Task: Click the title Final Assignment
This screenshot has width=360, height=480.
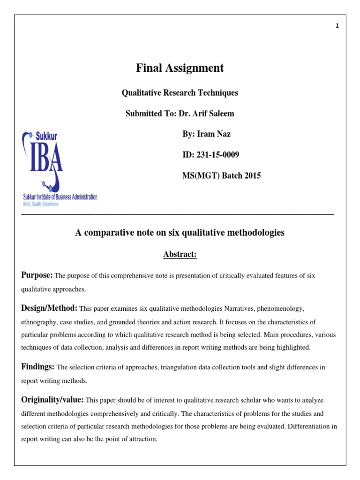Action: (x=180, y=68)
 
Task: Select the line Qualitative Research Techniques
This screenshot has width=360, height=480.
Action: (x=180, y=93)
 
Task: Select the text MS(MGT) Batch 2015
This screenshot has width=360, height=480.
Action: (x=221, y=176)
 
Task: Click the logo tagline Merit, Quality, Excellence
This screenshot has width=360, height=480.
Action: (x=41, y=204)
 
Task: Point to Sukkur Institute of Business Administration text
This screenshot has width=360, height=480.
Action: (x=60, y=197)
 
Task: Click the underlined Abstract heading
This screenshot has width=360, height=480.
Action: (x=180, y=255)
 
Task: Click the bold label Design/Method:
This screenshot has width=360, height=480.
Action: (x=49, y=308)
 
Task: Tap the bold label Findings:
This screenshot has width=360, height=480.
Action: (x=38, y=367)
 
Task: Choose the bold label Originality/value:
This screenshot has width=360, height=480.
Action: (x=52, y=399)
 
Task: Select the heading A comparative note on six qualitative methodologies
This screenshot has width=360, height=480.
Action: (x=180, y=232)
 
